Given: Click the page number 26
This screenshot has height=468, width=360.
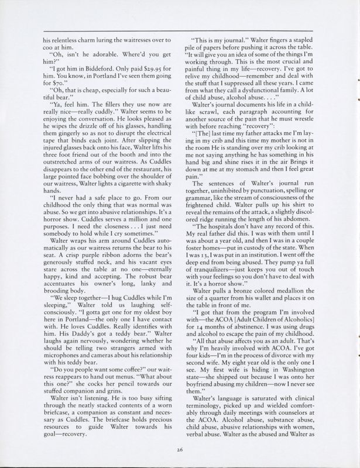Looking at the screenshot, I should pos(180,449).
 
